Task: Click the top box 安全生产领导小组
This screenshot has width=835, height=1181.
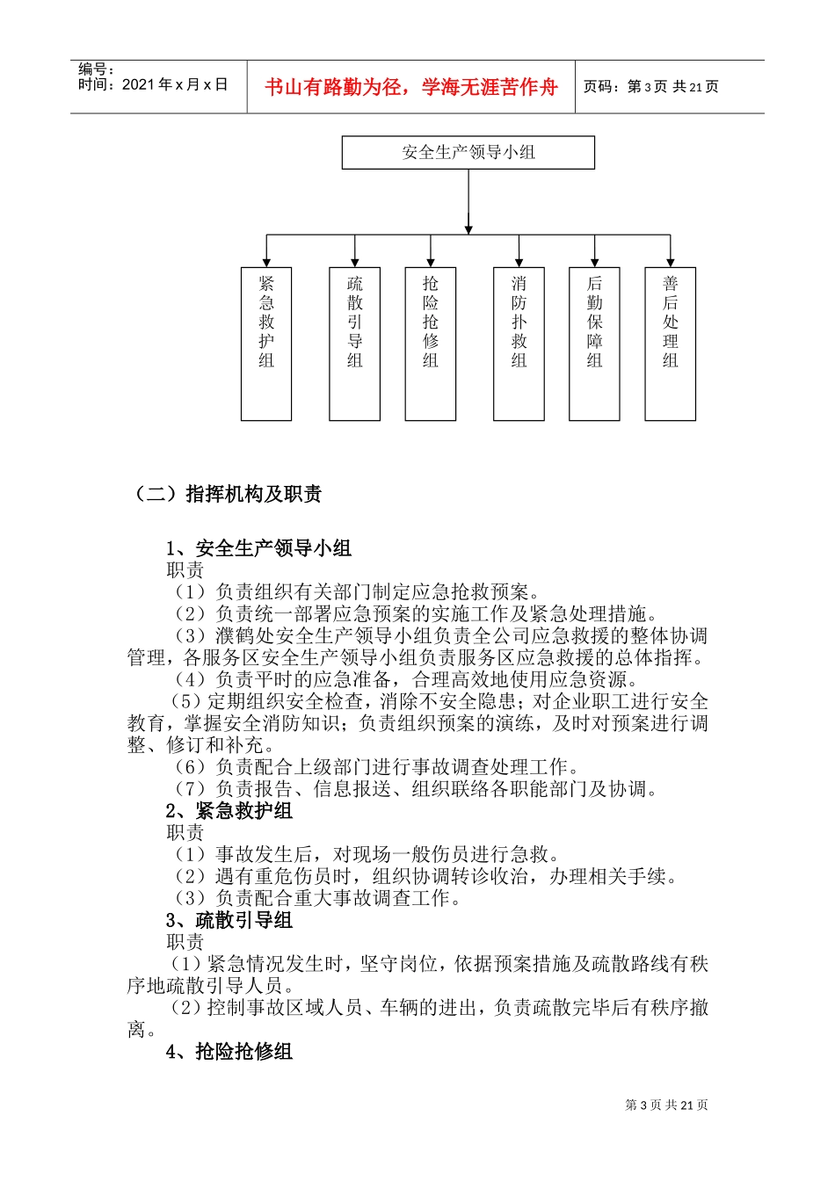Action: click(468, 152)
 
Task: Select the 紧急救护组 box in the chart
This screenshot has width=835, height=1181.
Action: click(266, 344)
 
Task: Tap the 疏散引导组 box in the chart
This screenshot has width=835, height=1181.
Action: click(354, 344)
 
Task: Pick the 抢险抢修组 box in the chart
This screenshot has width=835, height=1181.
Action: click(430, 344)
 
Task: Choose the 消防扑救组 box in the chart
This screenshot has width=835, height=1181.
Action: click(519, 344)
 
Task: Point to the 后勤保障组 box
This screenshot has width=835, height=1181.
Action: click(594, 344)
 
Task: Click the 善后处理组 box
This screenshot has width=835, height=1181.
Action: click(670, 344)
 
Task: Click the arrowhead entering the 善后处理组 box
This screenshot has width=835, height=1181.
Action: click(670, 263)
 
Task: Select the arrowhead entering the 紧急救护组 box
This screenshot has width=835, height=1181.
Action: click(266, 263)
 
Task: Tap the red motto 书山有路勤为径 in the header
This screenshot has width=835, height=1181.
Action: click(411, 87)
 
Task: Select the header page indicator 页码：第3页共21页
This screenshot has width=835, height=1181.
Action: click(651, 87)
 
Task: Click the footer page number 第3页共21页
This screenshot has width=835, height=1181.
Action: click(666, 1105)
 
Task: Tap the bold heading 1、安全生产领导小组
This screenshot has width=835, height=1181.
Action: click(258, 548)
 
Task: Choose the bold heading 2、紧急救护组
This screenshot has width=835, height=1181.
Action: click(229, 811)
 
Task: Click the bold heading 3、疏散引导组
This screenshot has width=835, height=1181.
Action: click(229, 921)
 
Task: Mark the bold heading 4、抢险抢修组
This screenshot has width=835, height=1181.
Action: click(229, 1052)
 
